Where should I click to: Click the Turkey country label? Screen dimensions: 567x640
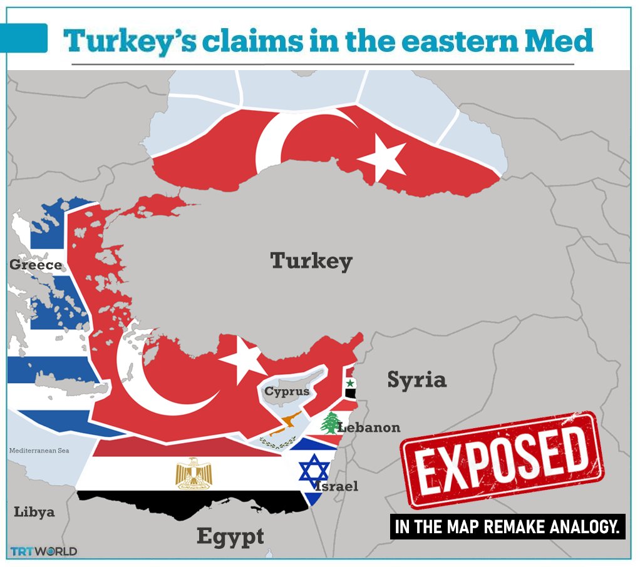tap(311, 261)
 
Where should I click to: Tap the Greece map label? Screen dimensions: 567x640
tap(36, 265)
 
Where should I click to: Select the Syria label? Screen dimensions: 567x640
tap(416, 379)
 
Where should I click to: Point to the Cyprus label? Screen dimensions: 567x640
tap(287, 392)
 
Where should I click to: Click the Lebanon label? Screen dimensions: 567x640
tap(368, 427)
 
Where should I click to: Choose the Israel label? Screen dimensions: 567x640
tap(338, 486)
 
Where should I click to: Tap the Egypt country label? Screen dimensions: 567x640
tap(230, 536)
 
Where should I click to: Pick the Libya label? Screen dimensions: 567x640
tap(34, 512)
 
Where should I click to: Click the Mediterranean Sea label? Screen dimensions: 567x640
tap(39, 451)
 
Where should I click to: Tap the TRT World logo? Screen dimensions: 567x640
tap(44, 551)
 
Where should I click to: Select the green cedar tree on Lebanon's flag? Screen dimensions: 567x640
tap(329, 424)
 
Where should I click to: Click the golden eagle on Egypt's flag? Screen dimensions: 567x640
tap(194, 473)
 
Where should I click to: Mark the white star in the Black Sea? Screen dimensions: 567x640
tap(383, 158)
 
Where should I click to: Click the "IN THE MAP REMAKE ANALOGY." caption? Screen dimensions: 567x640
tap(508, 527)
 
